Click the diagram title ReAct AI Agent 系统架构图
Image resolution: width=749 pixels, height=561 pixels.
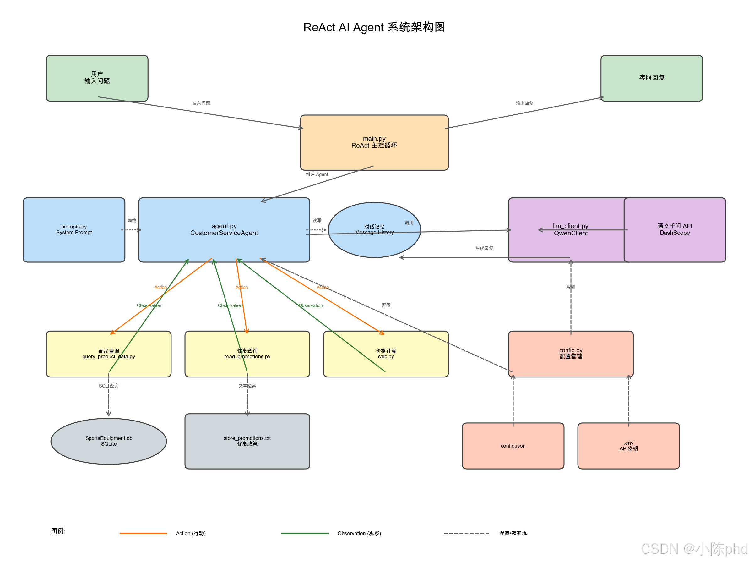coord(374,27)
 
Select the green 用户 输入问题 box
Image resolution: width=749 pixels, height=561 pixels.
coord(97,78)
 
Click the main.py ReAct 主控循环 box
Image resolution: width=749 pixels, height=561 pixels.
coord(374,142)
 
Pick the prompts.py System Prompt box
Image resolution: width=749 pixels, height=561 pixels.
coord(74,230)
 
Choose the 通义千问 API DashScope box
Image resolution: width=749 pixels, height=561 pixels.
coord(675,230)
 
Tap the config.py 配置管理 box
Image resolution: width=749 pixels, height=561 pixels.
coord(571,354)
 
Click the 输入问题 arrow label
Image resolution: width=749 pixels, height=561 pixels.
coord(201,103)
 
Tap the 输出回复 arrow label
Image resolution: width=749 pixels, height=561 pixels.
coord(524,103)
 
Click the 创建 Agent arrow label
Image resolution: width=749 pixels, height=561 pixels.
coord(317,174)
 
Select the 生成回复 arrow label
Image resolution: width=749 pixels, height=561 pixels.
coord(484,248)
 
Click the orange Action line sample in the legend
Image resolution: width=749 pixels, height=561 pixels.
coord(143,533)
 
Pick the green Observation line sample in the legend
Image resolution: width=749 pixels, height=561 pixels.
coord(305,533)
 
